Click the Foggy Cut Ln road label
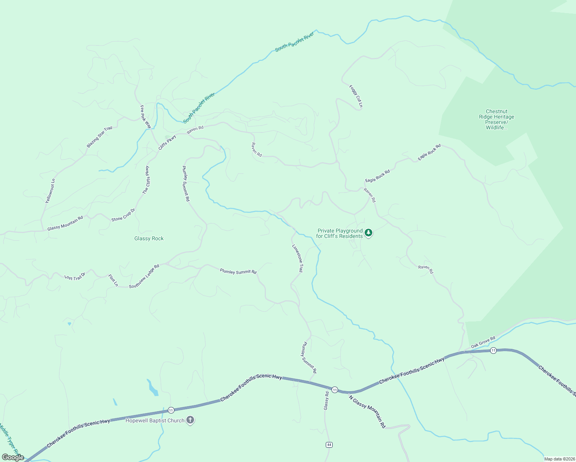click(356, 96)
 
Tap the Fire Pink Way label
click(146, 117)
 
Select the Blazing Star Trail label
click(99, 137)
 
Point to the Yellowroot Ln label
click(50, 191)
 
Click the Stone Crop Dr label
click(123, 215)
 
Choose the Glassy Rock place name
click(149, 239)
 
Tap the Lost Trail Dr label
click(75, 277)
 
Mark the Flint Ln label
click(113, 280)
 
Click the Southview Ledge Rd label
click(144, 276)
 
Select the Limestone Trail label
click(297, 258)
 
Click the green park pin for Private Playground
click(368, 233)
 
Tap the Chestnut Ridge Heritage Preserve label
click(496, 119)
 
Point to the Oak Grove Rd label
click(483, 342)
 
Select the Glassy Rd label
click(327, 401)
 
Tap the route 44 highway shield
click(329, 445)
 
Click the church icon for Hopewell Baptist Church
click(190, 420)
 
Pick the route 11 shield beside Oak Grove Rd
click(493, 350)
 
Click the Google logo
click(13, 457)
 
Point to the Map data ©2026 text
click(559, 459)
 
